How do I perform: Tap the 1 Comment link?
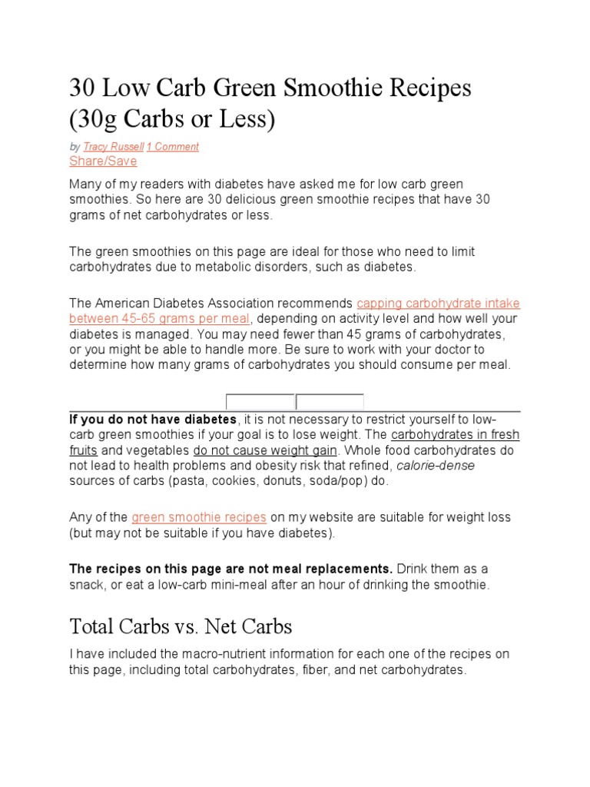(173, 147)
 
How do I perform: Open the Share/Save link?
(103, 161)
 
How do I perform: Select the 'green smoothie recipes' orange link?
(199, 517)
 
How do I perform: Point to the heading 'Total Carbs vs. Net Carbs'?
(181, 626)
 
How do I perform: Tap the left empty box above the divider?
(260, 402)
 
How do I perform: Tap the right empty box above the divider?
(330, 402)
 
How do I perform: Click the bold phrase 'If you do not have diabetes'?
(153, 420)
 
